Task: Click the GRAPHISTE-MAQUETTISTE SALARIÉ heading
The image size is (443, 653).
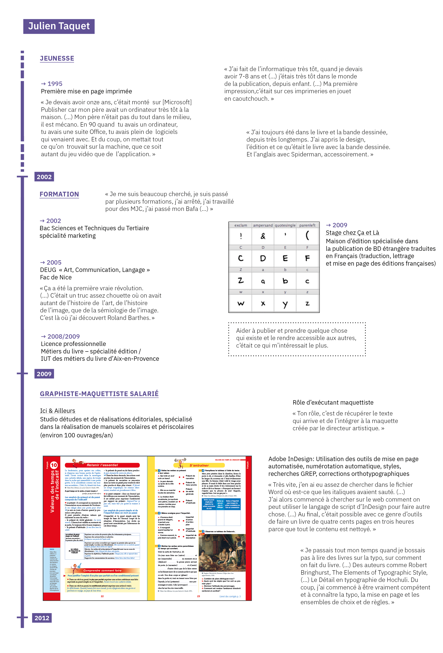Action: pyautogui.click(x=99, y=394)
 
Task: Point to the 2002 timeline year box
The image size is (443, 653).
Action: pyautogui.click(x=44, y=177)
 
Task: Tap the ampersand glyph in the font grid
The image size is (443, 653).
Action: pyautogui.click(x=263, y=236)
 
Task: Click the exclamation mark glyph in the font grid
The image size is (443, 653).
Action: pyautogui.click(x=241, y=236)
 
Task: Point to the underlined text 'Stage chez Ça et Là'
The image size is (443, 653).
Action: pyautogui.click(x=352, y=233)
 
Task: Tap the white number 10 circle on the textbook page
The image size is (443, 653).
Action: pyautogui.click(x=54, y=465)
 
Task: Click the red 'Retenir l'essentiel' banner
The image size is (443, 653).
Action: pyautogui.click(x=102, y=465)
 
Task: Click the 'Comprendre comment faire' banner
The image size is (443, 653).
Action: pyautogui.click(x=102, y=570)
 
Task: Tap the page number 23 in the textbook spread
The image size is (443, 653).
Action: pyautogui.click(x=198, y=596)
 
